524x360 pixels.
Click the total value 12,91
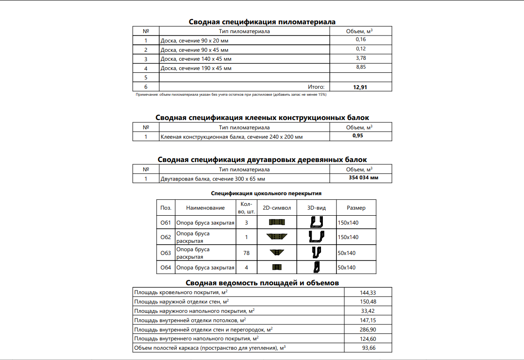click(x=360, y=87)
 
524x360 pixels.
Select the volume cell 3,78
click(x=361, y=58)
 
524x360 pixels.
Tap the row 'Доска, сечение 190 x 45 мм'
click(x=196, y=68)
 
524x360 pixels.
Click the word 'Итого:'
click(x=316, y=87)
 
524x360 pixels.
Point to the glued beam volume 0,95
click(x=358, y=136)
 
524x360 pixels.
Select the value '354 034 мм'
click(x=363, y=178)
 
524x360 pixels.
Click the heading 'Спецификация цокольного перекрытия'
click(x=266, y=193)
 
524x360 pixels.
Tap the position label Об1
click(x=166, y=223)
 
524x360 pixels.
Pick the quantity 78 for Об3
click(x=246, y=253)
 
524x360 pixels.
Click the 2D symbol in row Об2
click(x=277, y=237)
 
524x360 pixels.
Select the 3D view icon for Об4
click(x=317, y=267)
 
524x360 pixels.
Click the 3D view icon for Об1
click(x=317, y=223)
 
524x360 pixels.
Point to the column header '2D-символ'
click(x=277, y=208)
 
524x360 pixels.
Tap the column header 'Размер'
click(x=356, y=208)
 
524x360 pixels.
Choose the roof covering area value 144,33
click(x=368, y=292)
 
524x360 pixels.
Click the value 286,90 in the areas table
click(x=368, y=329)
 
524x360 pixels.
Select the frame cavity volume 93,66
click(x=369, y=348)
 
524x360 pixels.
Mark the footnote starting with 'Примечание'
click(x=231, y=95)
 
